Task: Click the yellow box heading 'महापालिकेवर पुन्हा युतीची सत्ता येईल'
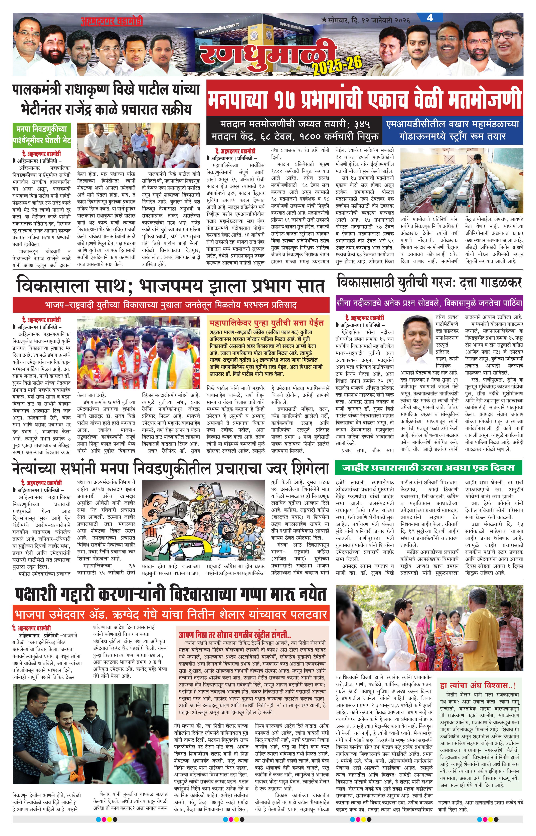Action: click(x=267, y=322)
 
